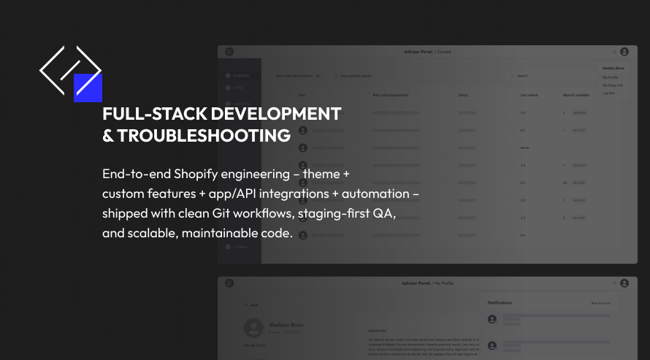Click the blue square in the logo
tap(88, 88)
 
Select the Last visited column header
tap(529, 96)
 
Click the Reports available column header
tap(576, 96)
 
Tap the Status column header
tap(463, 96)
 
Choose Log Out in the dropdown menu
tap(608, 93)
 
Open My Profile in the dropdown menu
tap(610, 77)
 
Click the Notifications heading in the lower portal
tap(500, 302)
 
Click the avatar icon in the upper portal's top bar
tap(624, 52)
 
